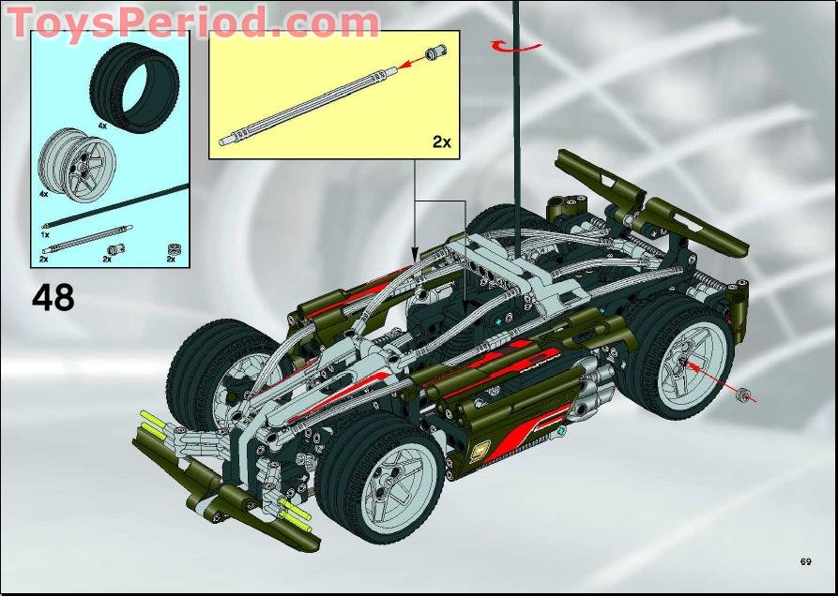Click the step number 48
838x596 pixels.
53,297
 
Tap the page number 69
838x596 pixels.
805,561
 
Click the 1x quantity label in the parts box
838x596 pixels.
44,234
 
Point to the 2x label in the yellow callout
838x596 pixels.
441,142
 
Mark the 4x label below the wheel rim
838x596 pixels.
43,194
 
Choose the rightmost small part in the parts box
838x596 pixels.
172,248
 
